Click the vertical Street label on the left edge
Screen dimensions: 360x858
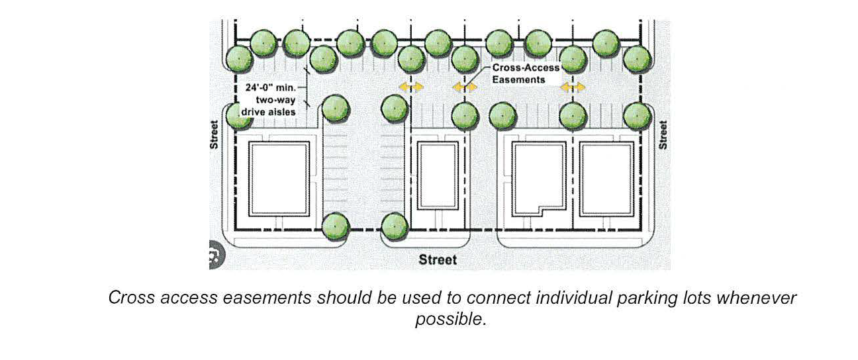click(215, 134)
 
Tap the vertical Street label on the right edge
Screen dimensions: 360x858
click(663, 134)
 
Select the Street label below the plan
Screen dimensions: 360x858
click(438, 259)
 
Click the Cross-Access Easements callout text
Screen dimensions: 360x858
click(526, 73)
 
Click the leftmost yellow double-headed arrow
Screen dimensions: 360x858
click(411, 86)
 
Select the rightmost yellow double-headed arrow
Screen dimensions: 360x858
click(573, 86)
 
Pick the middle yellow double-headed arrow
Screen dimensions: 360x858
click(465, 86)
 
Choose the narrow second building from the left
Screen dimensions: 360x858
click(438, 176)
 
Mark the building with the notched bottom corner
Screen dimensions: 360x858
click(539, 177)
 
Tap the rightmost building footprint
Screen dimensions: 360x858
click(606, 177)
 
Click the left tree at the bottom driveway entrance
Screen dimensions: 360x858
click(335, 226)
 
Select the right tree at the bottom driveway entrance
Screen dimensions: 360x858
click(395, 226)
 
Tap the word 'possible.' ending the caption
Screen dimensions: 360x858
click(451, 319)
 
